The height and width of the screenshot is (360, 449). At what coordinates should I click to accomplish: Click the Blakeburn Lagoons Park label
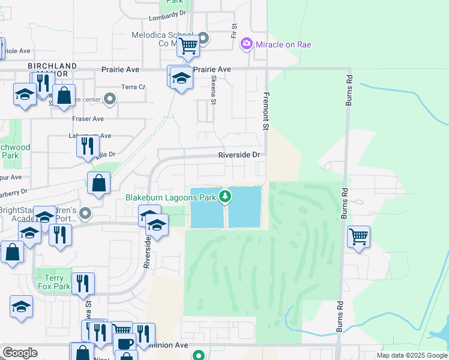point(170,197)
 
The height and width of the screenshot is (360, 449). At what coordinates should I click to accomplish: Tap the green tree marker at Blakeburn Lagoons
point(225,196)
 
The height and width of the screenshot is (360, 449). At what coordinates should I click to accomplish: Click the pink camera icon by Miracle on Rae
point(246,44)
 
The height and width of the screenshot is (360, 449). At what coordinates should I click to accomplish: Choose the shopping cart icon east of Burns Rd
point(358,236)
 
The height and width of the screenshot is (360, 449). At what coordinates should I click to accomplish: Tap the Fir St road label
point(234,31)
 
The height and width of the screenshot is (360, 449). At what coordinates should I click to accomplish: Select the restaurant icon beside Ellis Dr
point(88,145)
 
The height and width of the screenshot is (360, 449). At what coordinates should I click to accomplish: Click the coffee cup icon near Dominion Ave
point(125,344)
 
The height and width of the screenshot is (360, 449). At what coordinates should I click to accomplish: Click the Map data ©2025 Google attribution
point(411,355)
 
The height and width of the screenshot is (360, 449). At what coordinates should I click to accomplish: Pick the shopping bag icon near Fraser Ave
point(64,95)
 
